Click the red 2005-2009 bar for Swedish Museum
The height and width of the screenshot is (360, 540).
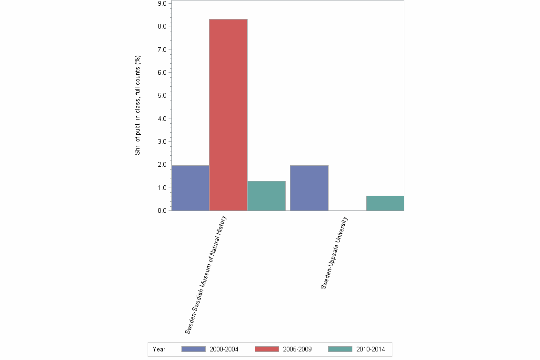pos(228,115)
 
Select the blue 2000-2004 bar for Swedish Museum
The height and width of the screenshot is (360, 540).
pos(190,188)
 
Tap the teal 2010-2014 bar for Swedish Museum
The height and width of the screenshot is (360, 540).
pos(266,196)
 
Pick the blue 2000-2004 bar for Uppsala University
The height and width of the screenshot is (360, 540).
pos(309,188)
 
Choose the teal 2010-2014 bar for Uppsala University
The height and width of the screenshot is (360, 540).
pos(385,203)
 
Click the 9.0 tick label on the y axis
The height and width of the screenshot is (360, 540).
pos(161,4)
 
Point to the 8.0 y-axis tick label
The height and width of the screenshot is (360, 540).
pos(161,27)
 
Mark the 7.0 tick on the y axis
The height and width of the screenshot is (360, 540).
pos(161,50)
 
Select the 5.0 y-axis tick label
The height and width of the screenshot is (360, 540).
pos(161,96)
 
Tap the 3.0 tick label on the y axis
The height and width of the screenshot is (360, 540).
pos(161,142)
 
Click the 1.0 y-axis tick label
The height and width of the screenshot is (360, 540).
pos(161,188)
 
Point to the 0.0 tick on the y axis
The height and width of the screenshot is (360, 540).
pos(161,211)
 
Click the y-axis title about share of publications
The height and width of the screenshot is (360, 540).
pos(138,106)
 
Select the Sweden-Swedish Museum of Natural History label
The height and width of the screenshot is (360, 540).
pos(206,275)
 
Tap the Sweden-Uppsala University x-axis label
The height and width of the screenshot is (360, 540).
pos(334,253)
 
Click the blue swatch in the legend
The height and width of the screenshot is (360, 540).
pos(193,349)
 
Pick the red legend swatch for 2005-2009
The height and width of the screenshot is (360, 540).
pos(267,349)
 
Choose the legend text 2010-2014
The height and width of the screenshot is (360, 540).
pos(370,350)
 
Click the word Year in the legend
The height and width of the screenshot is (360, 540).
pos(159,350)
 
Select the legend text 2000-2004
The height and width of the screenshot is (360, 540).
pos(224,350)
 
